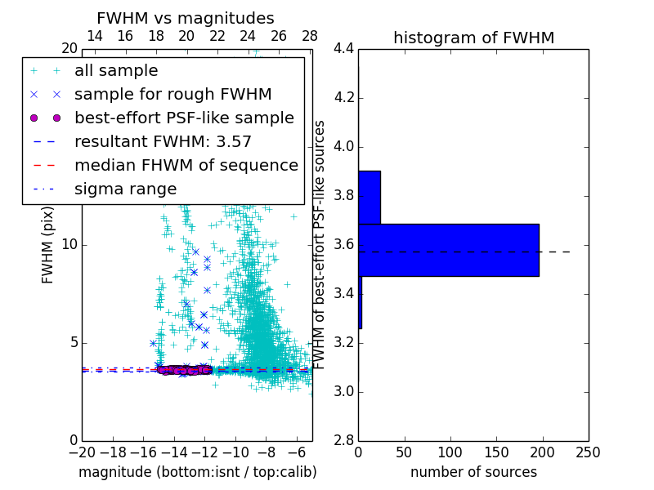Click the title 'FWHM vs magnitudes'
(x=185, y=18)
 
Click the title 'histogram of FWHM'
(x=473, y=38)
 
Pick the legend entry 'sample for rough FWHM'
(x=172, y=95)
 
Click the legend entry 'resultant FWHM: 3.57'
(x=163, y=142)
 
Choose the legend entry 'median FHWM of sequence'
(x=186, y=166)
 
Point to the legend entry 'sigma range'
(x=125, y=189)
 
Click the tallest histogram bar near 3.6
(x=448, y=250)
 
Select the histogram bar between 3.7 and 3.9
(x=370, y=197)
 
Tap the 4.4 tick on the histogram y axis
(x=343, y=49)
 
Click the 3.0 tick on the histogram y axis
(x=343, y=391)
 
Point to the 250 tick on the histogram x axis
(x=589, y=452)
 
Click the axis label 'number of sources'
(x=473, y=472)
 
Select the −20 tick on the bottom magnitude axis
(x=82, y=452)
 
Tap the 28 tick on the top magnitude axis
(x=310, y=36)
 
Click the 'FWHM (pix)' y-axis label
(x=48, y=244)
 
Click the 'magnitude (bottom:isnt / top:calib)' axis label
(x=197, y=472)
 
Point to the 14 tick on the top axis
(x=95, y=36)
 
